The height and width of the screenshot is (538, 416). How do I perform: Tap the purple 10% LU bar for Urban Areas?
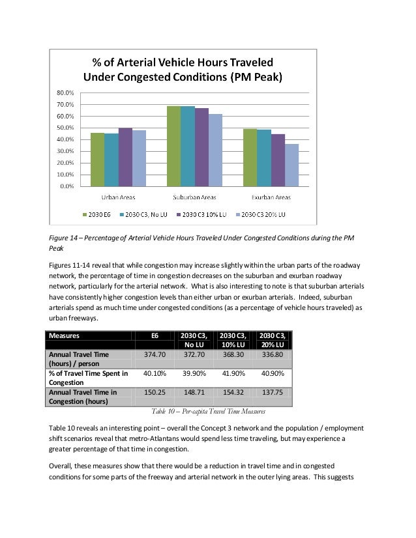click(x=125, y=156)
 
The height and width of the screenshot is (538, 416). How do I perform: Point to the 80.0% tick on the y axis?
click(x=63, y=93)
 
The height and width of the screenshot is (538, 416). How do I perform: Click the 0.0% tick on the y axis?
click(x=66, y=186)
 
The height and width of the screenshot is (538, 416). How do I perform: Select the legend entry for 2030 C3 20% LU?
click(x=263, y=214)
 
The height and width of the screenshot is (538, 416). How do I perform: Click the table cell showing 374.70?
click(x=155, y=354)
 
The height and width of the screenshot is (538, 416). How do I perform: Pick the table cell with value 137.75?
click(x=271, y=393)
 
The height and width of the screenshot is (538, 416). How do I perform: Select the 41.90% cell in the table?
click(x=232, y=373)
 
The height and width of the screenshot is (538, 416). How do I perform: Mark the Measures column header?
click(x=64, y=335)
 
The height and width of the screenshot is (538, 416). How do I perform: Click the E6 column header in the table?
click(x=155, y=335)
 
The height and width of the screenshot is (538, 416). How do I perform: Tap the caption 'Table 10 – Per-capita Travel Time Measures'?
click(x=208, y=411)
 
